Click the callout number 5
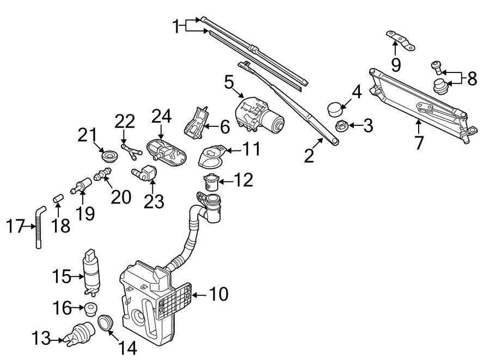pos(229,83)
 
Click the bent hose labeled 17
pos(40,225)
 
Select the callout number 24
pos(161,117)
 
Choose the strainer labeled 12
pos(211,181)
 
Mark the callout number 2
pos(309,156)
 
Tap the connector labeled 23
pos(145,173)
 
